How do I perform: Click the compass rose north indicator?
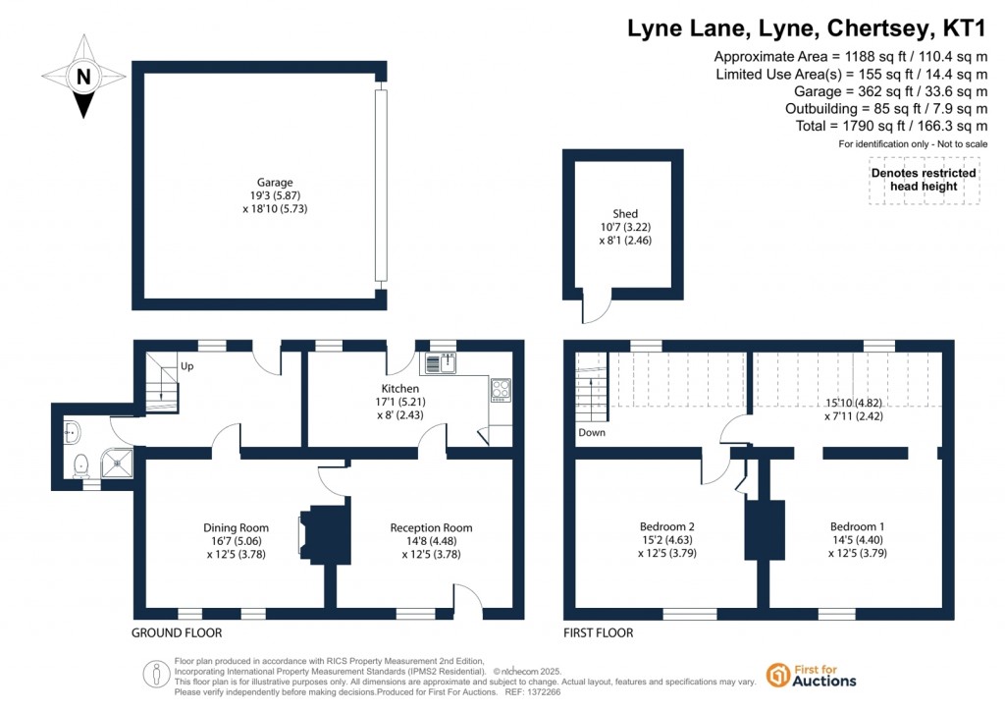(84, 77)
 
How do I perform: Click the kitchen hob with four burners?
(500, 390)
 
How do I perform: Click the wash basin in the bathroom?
(71, 428)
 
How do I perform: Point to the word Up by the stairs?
(185, 366)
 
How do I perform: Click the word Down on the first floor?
(591, 432)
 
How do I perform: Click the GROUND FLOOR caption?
(177, 632)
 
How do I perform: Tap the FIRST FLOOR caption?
(598, 632)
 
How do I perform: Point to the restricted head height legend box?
(924, 180)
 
